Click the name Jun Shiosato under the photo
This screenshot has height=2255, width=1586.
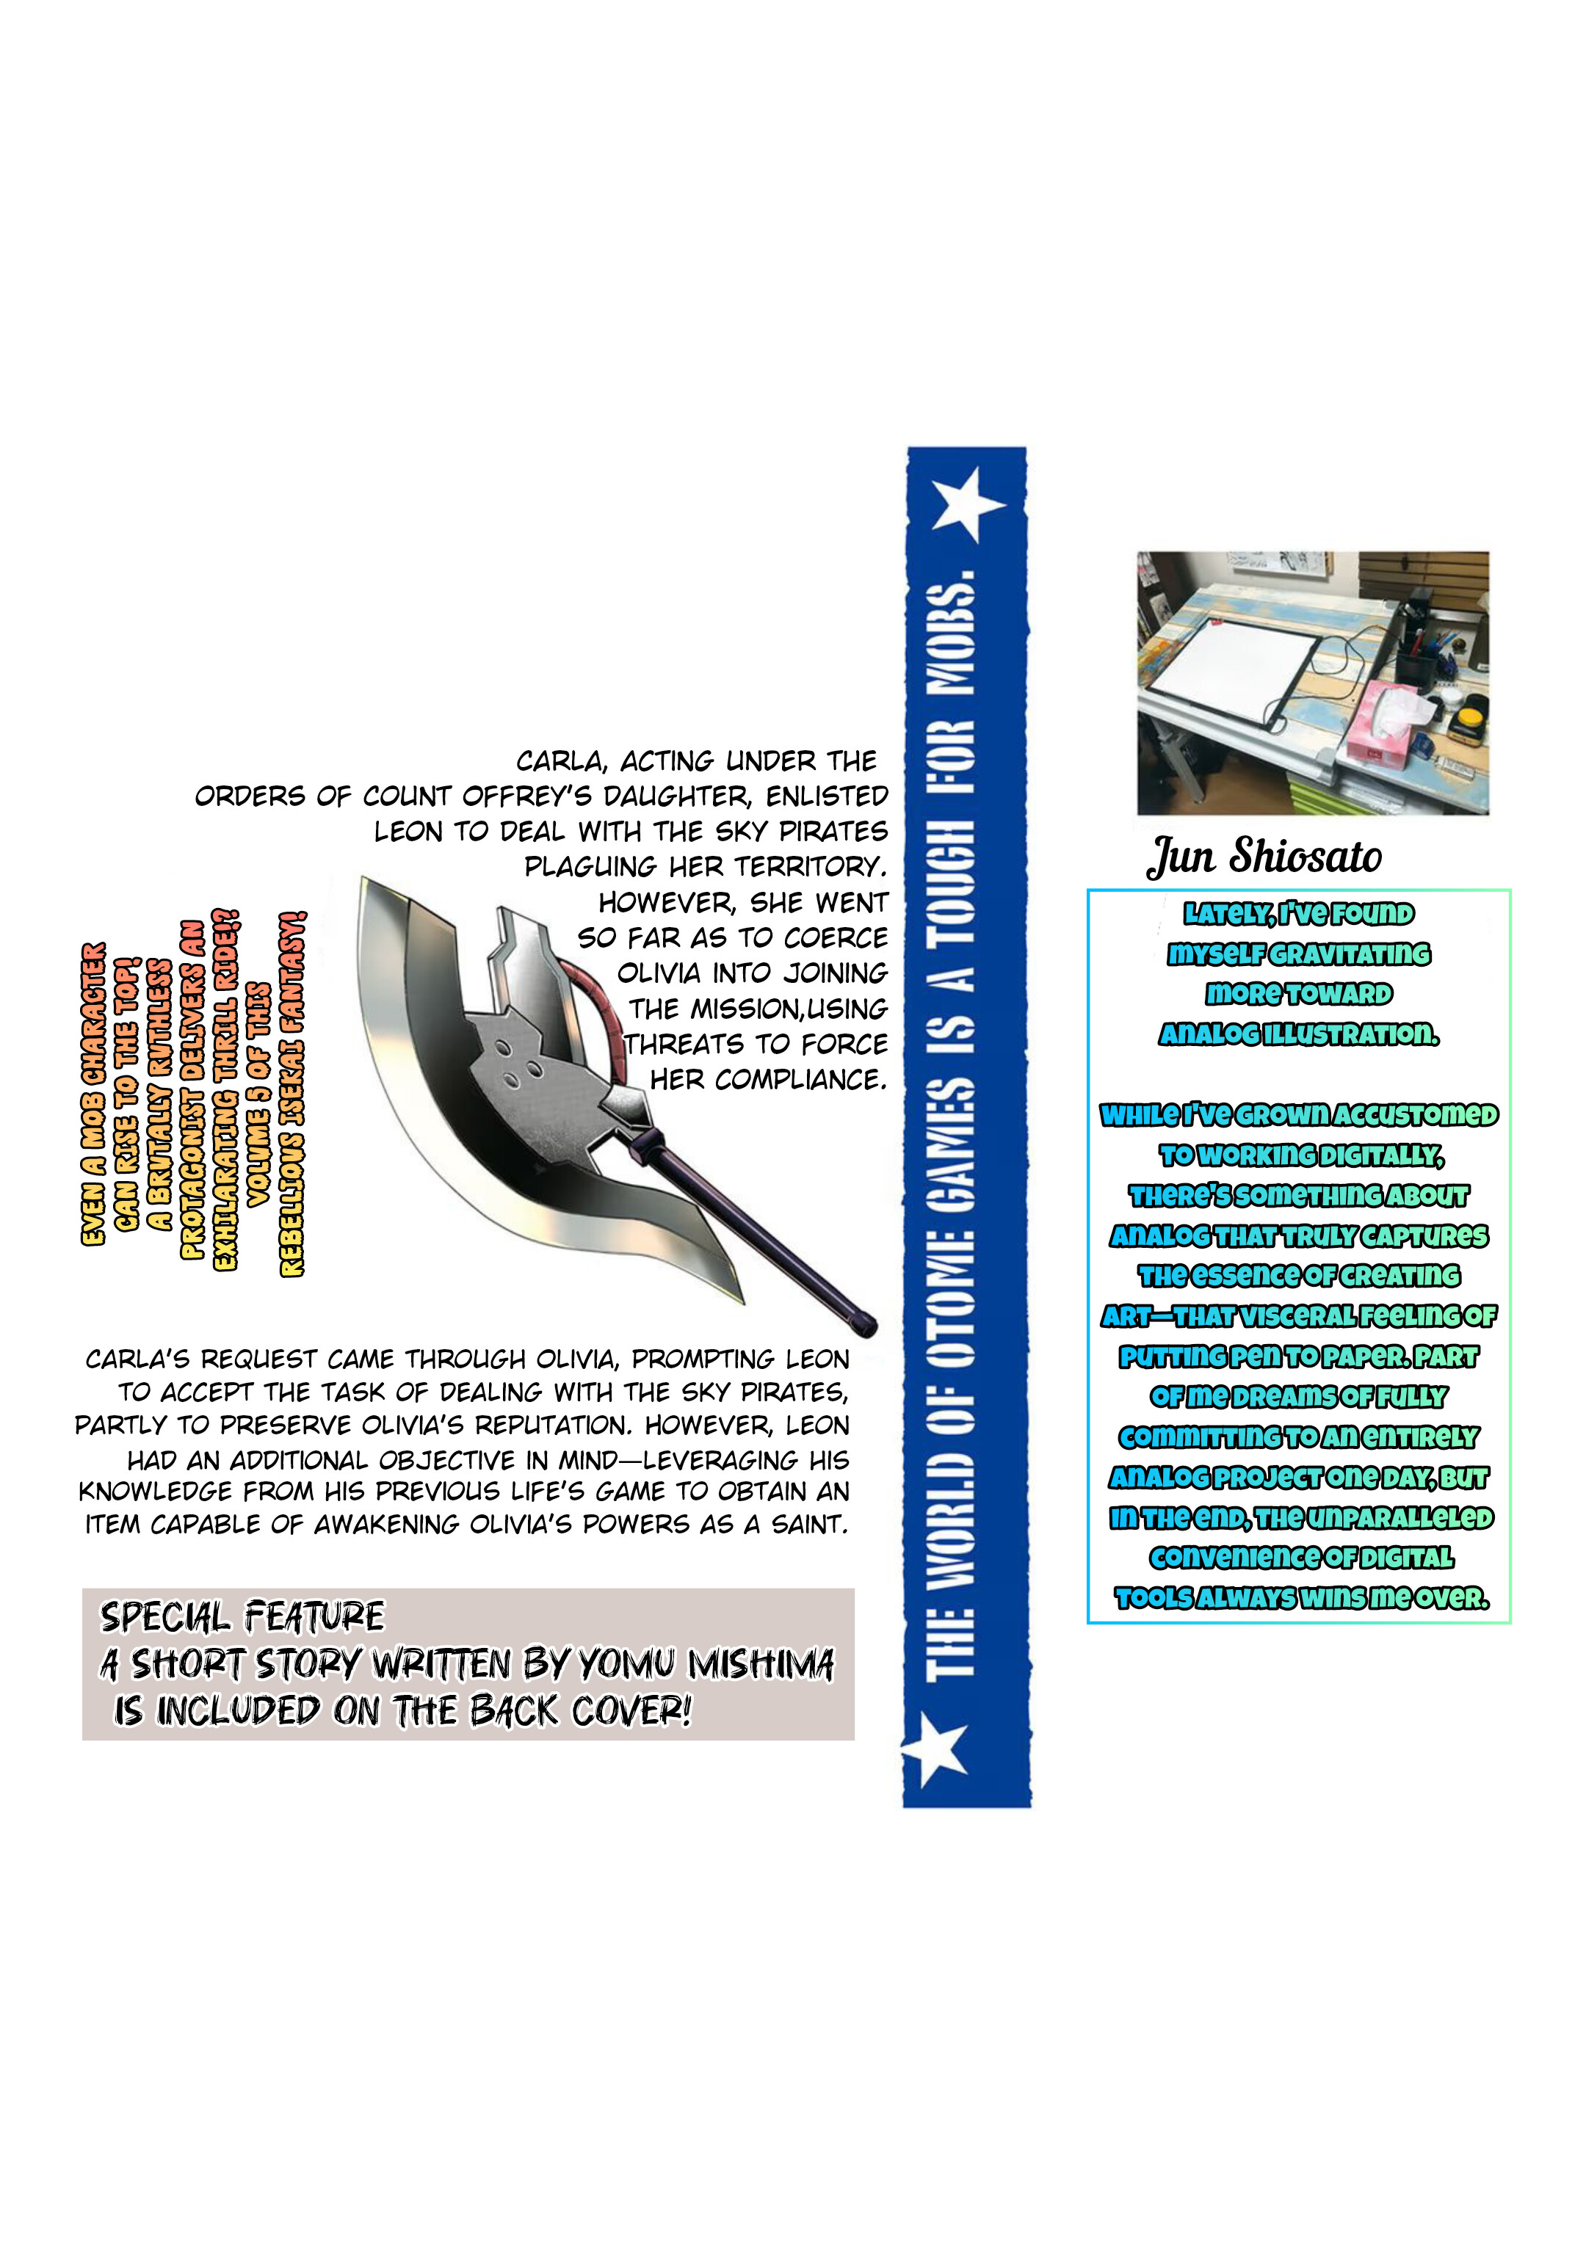pos(1264,857)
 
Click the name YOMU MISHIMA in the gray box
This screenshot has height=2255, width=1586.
pos(706,1664)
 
